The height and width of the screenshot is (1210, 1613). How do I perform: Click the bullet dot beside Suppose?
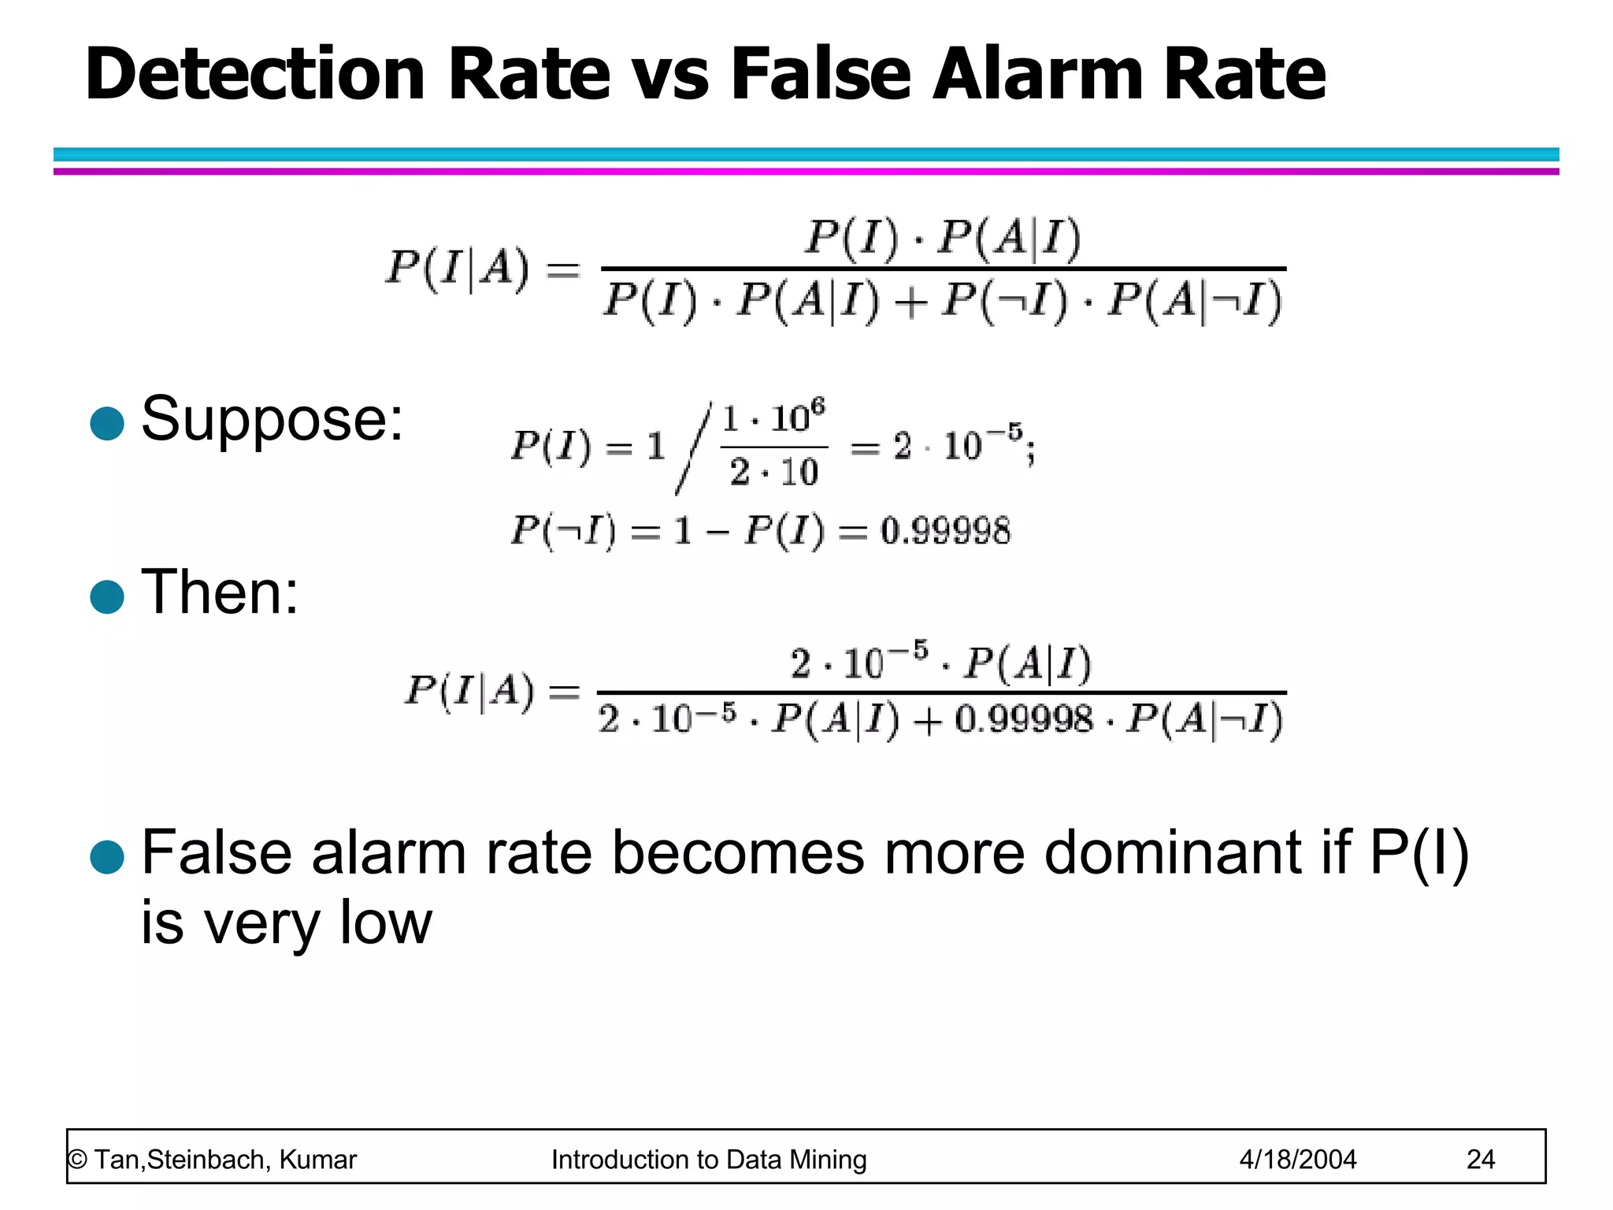point(107,423)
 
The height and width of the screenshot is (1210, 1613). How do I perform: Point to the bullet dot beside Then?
point(107,596)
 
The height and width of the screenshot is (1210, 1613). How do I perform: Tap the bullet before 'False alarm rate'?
point(107,856)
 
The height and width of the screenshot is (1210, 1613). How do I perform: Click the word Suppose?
point(271,420)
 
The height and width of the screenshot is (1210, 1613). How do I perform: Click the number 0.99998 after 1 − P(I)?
point(944,530)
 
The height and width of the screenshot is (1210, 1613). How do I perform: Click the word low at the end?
point(385,922)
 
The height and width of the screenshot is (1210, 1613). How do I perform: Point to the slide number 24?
point(1480,1159)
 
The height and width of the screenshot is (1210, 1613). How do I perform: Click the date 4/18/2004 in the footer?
point(1297,1159)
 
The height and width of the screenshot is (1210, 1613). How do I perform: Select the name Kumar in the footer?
point(317,1159)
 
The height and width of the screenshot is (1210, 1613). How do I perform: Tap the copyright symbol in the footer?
point(77,1159)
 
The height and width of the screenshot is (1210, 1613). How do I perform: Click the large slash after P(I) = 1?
point(692,447)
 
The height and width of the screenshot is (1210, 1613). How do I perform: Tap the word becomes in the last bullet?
point(738,852)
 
